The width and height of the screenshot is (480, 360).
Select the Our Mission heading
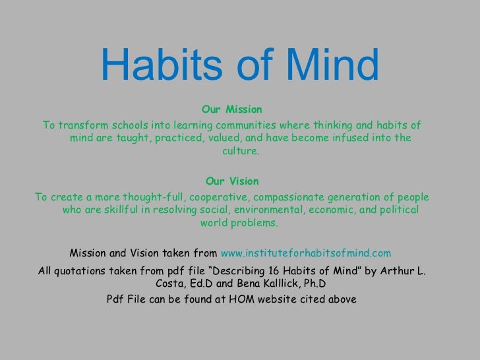coord(232,108)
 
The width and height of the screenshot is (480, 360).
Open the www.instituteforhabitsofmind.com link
coord(307,253)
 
